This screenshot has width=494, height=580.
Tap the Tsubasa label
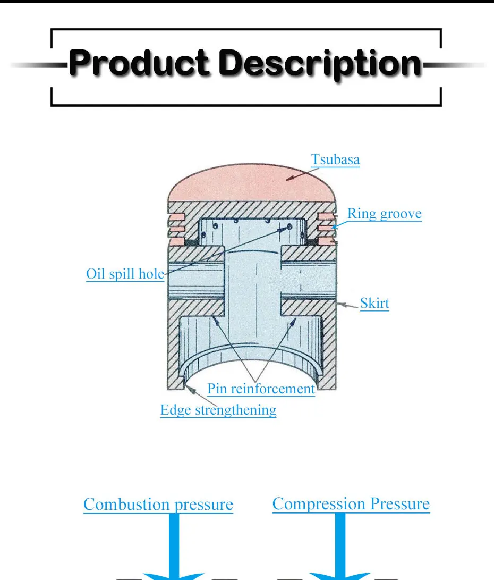(x=335, y=159)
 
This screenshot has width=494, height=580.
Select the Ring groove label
(x=384, y=214)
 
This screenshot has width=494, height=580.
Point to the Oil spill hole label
(x=125, y=274)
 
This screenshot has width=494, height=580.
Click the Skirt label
(x=374, y=304)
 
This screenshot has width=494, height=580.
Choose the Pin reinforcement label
(x=261, y=389)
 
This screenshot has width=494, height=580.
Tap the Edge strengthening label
(x=218, y=410)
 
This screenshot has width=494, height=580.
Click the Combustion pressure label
(x=158, y=504)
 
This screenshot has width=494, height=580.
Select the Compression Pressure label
(x=351, y=503)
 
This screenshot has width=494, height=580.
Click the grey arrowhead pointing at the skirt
(x=343, y=305)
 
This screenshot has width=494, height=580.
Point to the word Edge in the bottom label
(x=176, y=410)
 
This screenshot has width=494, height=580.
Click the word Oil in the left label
(x=96, y=274)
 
